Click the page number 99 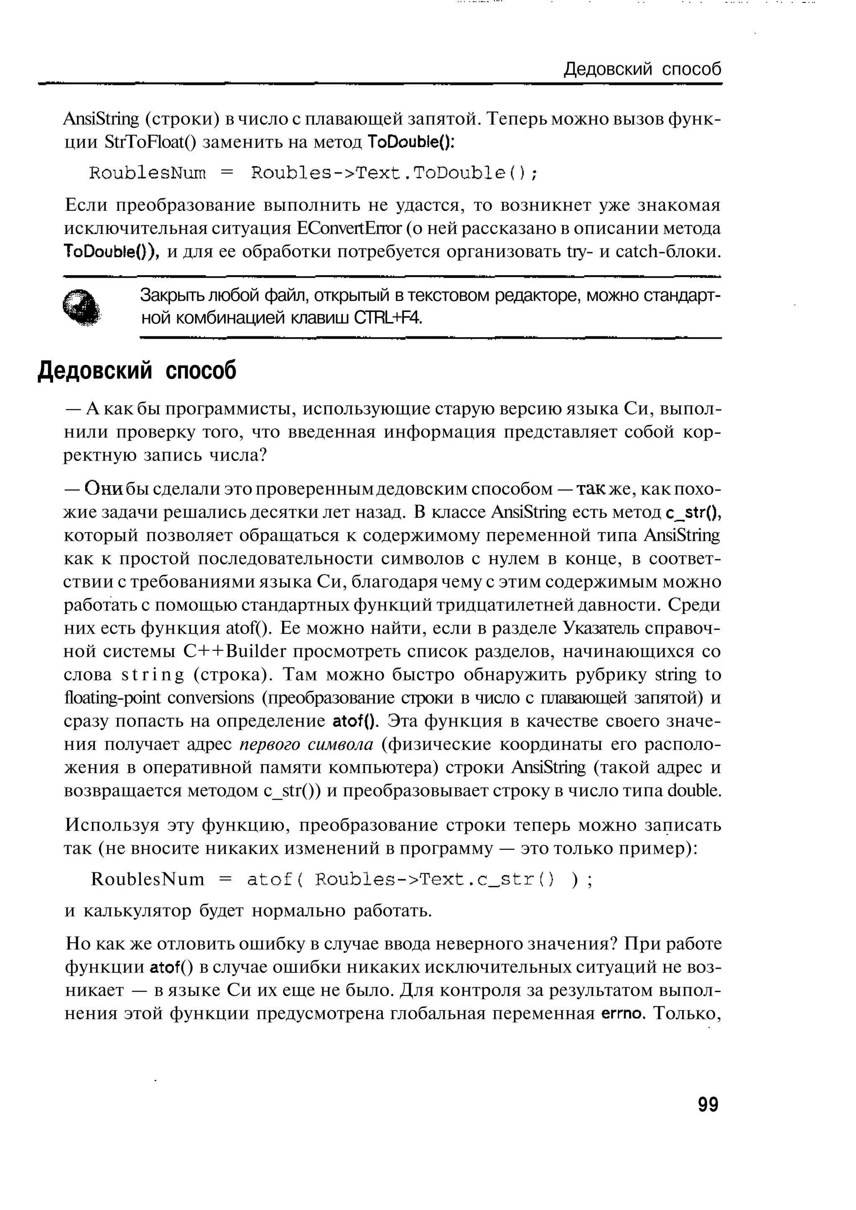pos(707,1104)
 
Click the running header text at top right pos(642,69)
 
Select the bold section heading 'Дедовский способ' pos(137,371)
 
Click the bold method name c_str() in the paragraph pos(693,512)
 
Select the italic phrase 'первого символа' pos(306,744)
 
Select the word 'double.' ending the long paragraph pos(694,790)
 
